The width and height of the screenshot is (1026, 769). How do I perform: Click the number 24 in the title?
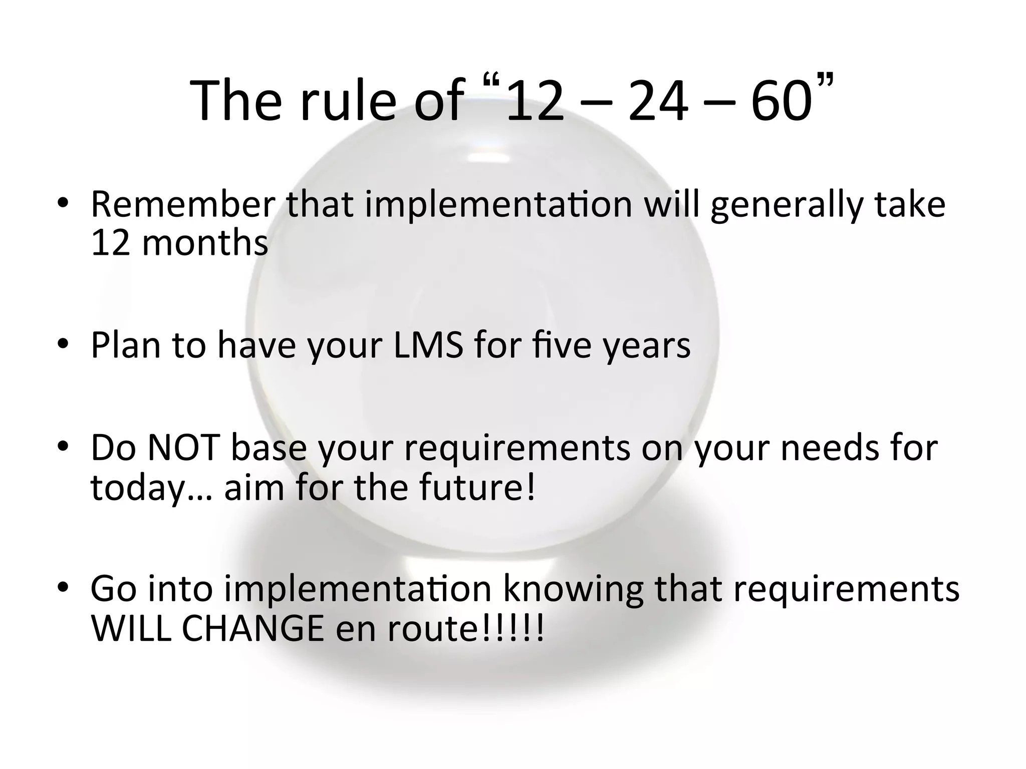658,100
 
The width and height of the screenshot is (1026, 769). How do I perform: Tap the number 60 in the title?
781,100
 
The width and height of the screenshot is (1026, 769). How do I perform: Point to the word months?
205,243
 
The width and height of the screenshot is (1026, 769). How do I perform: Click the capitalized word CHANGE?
253,628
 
